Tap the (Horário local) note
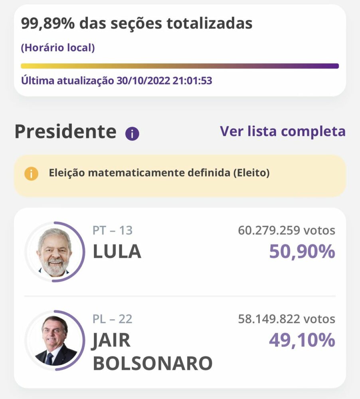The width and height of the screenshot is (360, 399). (58, 48)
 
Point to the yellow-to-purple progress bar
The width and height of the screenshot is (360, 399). (180, 66)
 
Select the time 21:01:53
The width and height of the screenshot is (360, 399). (192, 81)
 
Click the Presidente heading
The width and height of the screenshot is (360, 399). (65, 132)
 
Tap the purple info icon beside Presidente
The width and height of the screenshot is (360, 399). (132, 134)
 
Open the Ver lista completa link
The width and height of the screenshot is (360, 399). (283, 131)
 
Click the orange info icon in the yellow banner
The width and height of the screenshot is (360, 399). (31, 174)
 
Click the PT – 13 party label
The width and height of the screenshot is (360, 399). (113, 230)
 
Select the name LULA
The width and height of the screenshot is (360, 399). (117, 251)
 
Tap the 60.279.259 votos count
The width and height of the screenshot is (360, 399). (287, 230)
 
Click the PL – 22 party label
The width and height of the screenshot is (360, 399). (113, 319)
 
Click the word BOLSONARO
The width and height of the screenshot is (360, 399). (152, 363)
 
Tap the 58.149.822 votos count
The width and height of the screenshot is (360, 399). (287, 319)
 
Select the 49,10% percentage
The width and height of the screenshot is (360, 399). (302, 340)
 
